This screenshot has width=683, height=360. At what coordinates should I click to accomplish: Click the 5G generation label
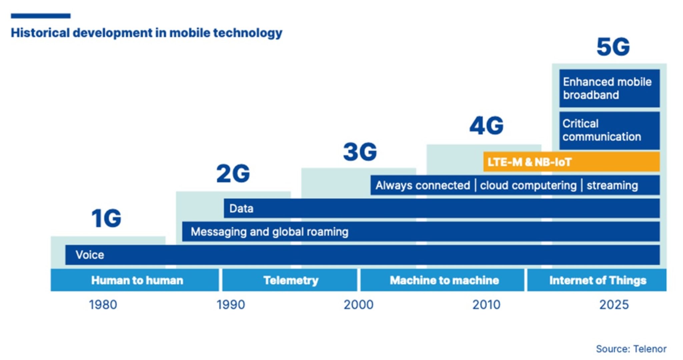tap(613, 47)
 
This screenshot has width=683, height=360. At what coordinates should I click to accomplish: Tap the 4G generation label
tap(486, 126)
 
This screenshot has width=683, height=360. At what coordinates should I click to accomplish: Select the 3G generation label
tap(360, 152)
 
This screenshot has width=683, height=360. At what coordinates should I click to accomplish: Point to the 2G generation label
tap(233, 173)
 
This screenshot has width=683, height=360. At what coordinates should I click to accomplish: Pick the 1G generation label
tap(106, 219)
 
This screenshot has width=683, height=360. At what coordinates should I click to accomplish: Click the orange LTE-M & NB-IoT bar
tap(571, 162)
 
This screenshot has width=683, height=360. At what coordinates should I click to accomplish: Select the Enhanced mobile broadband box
tap(609, 88)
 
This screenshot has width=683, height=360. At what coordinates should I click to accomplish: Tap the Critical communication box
tap(609, 130)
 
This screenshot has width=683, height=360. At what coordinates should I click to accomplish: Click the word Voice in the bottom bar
tap(90, 255)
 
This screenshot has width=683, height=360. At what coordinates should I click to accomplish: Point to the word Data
tap(241, 209)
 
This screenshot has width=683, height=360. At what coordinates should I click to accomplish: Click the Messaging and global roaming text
tap(269, 232)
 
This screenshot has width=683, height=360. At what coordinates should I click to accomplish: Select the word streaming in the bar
tap(612, 186)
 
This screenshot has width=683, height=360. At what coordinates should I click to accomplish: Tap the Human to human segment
tap(137, 280)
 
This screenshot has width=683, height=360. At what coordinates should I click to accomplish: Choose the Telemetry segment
tap(290, 280)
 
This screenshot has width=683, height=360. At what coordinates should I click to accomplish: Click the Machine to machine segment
tap(444, 280)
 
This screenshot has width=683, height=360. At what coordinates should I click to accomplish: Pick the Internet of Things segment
tap(597, 280)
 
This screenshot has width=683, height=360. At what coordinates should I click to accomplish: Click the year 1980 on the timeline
tap(103, 305)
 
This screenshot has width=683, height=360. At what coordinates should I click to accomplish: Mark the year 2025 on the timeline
tap(614, 305)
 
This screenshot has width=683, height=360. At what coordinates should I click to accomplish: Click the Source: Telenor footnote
tap(631, 349)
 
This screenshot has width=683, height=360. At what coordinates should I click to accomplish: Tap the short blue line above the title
tap(40, 16)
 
